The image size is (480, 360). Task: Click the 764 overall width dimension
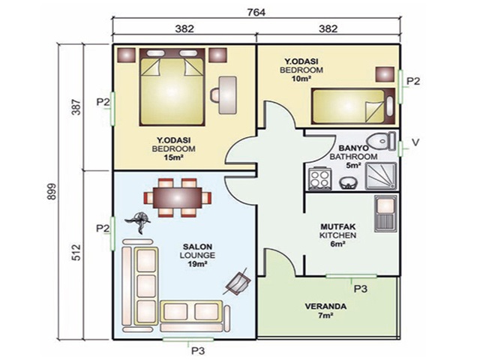(256, 12)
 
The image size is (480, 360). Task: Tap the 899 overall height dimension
(52, 192)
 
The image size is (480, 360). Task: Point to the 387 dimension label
(76, 106)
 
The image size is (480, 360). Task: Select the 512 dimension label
(76, 252)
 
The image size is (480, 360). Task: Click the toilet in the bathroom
(382, 141)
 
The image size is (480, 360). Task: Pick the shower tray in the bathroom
(381, 175)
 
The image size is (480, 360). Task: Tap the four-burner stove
(320, 178)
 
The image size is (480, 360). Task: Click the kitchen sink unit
(385, 213)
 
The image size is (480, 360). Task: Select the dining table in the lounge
(178, 198)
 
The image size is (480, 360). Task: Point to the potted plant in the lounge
(139, 221)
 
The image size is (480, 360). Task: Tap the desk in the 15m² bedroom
(227, 95)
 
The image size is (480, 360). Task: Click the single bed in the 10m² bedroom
(353, 106)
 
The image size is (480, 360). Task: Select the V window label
(415, 142)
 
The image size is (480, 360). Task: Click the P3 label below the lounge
(198, 350)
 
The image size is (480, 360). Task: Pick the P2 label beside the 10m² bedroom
(413, 81)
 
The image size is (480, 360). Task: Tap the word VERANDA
(325, 307)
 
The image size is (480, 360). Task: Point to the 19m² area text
(198, 263)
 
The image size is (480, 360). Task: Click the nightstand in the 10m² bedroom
(385, 74)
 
